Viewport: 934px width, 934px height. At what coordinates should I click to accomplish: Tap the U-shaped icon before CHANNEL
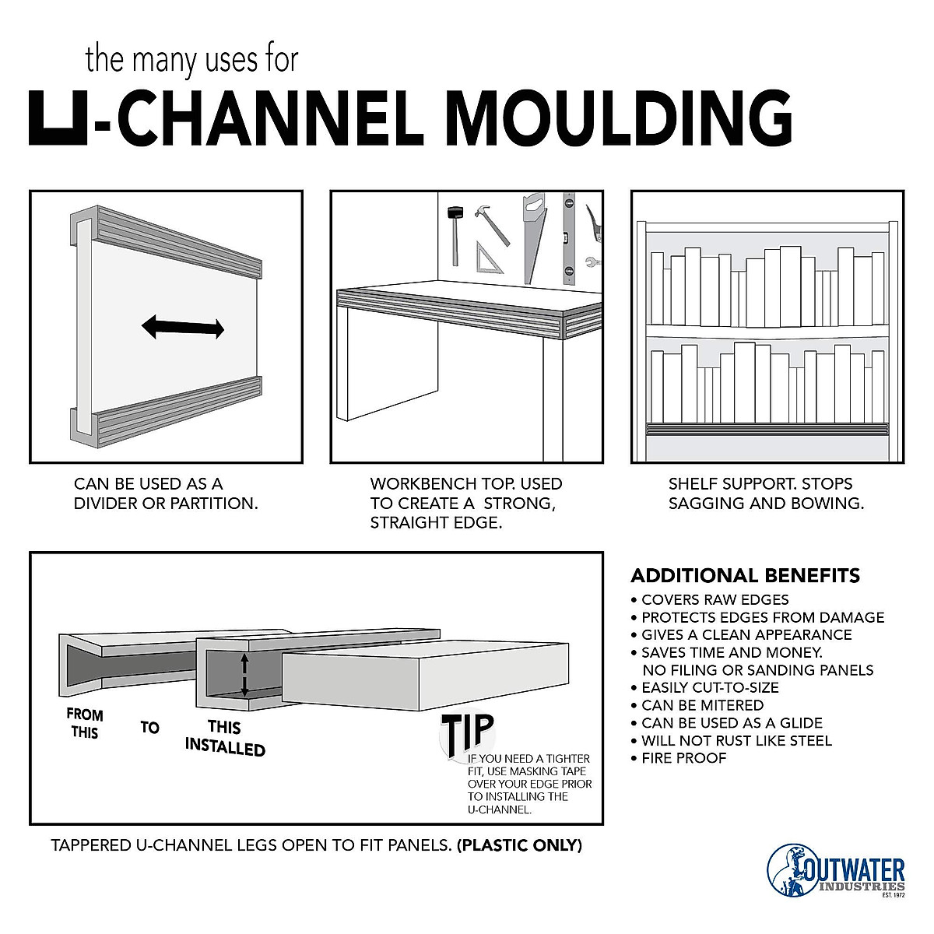[59, 118]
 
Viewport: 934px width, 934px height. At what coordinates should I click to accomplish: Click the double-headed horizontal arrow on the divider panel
[183, 328]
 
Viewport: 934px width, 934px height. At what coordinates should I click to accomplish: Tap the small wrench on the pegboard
[592, 262]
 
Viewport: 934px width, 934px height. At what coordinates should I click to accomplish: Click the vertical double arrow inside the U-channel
[244, 674]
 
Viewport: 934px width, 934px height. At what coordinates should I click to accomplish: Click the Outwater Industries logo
[836, 870]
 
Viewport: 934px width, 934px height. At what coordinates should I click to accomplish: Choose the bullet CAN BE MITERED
[702, 705]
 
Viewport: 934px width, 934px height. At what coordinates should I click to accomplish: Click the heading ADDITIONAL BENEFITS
[745, 576]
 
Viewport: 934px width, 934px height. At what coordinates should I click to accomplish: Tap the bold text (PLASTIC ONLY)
[520, 845]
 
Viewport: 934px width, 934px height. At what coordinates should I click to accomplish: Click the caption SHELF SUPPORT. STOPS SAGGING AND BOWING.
[766, 493]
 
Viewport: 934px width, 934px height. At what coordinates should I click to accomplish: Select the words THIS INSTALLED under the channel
[225, 738]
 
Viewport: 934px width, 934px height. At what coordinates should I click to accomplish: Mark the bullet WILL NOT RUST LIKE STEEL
[736, 740]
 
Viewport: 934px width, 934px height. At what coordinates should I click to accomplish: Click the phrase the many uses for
[191, 60]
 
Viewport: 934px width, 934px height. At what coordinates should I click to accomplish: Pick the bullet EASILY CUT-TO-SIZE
[710, 687]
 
